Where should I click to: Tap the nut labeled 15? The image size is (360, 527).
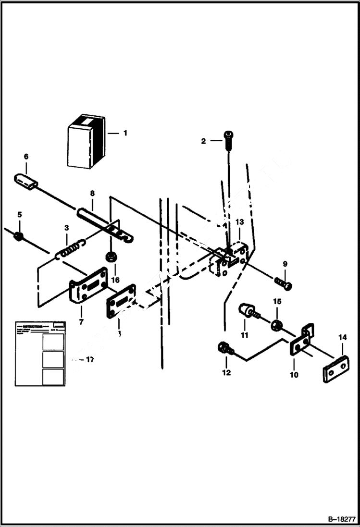pos(276,326)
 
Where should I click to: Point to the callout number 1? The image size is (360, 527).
pos(125,133)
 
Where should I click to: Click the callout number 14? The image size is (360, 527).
pos(342,338)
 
